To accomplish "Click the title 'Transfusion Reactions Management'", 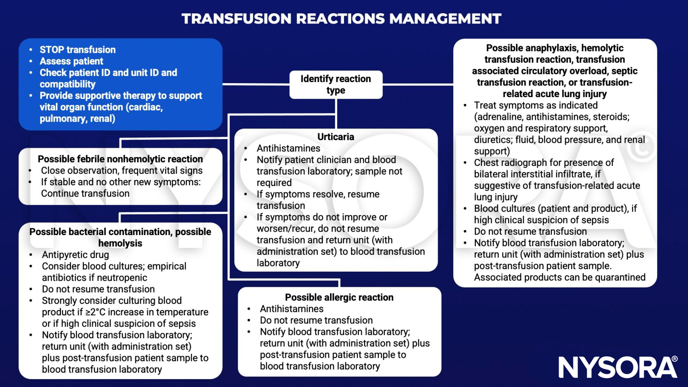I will tap(341, 19).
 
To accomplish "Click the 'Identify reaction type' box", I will tap(336, 85).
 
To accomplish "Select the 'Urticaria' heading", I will tap(336, 137).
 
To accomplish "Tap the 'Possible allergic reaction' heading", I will tap(339, 297).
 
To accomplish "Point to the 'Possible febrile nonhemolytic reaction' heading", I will tap(120, 159).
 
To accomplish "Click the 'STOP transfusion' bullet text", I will tap(77, 50).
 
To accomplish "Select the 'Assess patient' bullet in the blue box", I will tap(71, 61).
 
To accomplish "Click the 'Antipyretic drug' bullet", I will tap(75, 255).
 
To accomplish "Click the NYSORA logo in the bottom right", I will tap(618, 367).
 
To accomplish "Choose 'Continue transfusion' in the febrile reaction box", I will tap(85, 193).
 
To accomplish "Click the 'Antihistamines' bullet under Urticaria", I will tap(288, 149).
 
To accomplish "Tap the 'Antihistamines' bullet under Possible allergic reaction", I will tap(291, 309).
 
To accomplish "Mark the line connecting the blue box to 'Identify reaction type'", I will tap(256, 84).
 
